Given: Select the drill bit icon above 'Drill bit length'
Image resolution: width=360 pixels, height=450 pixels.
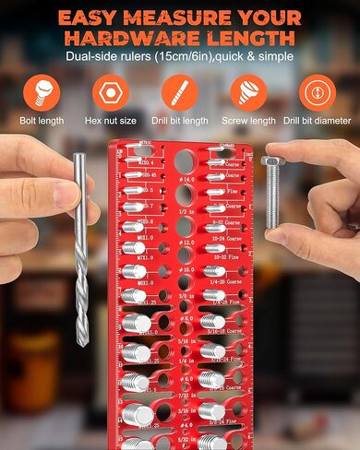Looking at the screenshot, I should [179, 92].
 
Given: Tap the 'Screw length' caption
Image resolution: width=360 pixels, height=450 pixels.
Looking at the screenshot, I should [249, 121].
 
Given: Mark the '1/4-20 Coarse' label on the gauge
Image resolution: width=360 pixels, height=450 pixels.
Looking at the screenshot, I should [231, 279].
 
